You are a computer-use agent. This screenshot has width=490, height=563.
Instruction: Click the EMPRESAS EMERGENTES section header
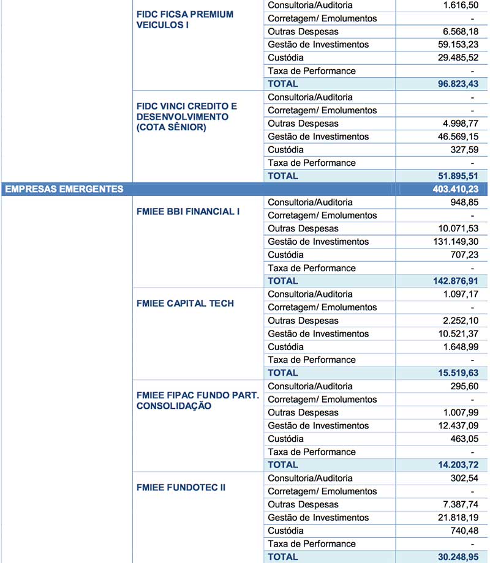click(x=64, y=189)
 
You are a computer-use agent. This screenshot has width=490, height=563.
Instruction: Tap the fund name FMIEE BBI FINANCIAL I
click(x=188, y=212)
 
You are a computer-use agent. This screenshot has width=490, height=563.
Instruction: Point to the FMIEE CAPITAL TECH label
click(x=186, y=304)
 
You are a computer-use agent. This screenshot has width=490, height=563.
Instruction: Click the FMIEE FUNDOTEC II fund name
click(x=181, y=487)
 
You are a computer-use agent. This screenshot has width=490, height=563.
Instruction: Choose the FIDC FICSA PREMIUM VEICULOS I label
click(x=184, y=20)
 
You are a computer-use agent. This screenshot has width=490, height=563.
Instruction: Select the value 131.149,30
click(x=451, y=242)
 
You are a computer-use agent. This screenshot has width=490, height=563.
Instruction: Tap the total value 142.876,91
click(x=451, y=281)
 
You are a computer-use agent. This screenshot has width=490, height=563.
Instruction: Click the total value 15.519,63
click(x=454, y=373)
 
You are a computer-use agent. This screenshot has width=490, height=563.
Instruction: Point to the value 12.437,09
click(x=454, y=425)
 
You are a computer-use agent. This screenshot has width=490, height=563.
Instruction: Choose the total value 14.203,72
click(x=454, y=464)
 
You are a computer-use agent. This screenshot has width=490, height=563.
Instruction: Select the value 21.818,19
click(x=454, y=518)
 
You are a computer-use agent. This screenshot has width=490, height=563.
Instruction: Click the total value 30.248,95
click(x=454, y=557)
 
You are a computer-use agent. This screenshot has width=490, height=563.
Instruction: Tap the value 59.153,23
click(x=454, y=44)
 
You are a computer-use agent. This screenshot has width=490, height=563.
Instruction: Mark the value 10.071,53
click(x=454, y=229)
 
